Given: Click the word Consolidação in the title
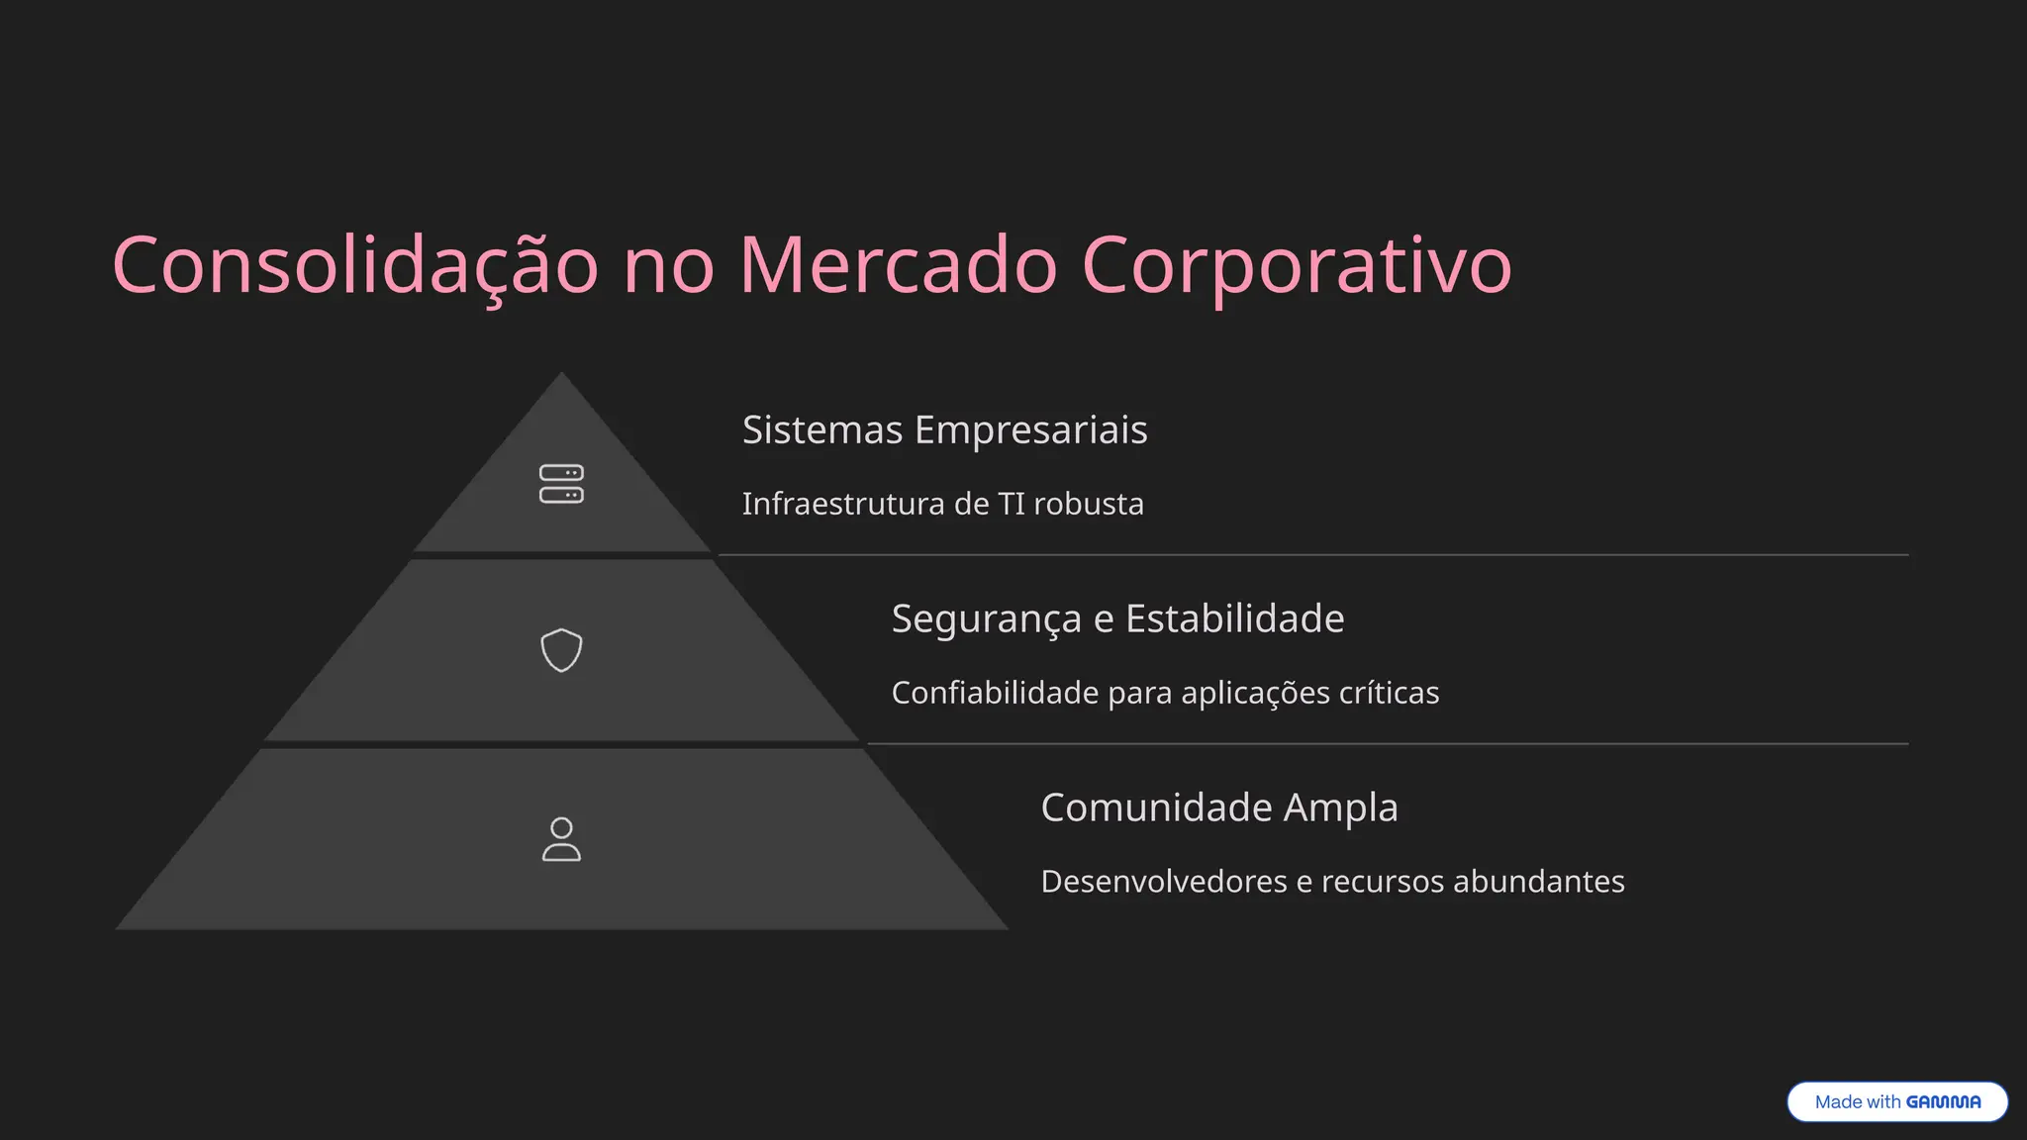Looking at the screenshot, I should [355, 265].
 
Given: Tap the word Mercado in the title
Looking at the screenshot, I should [899, 265].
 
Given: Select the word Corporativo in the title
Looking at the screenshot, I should [1297, 265].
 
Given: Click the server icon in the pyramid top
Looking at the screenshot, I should [561, 484].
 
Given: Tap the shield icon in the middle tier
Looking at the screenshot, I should [561, 650].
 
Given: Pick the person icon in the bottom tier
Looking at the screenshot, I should [561, 839].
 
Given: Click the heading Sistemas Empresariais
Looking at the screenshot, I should [944, 429].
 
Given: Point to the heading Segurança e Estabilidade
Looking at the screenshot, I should [1117, 618].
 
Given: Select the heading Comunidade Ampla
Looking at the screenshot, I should [1219, 807].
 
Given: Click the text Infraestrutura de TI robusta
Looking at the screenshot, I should [942, 504].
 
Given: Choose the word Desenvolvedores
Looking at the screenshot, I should [1164, 882].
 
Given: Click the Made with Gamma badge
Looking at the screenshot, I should [1896, 1101].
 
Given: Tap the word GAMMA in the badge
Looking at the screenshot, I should [1943, 1101].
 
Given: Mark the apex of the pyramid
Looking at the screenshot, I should [561, 376].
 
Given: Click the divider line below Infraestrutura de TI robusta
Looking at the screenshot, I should [1312, 555].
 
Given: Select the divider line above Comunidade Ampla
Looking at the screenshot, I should [1388, 744].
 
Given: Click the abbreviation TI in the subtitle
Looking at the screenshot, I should [1012, 504].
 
